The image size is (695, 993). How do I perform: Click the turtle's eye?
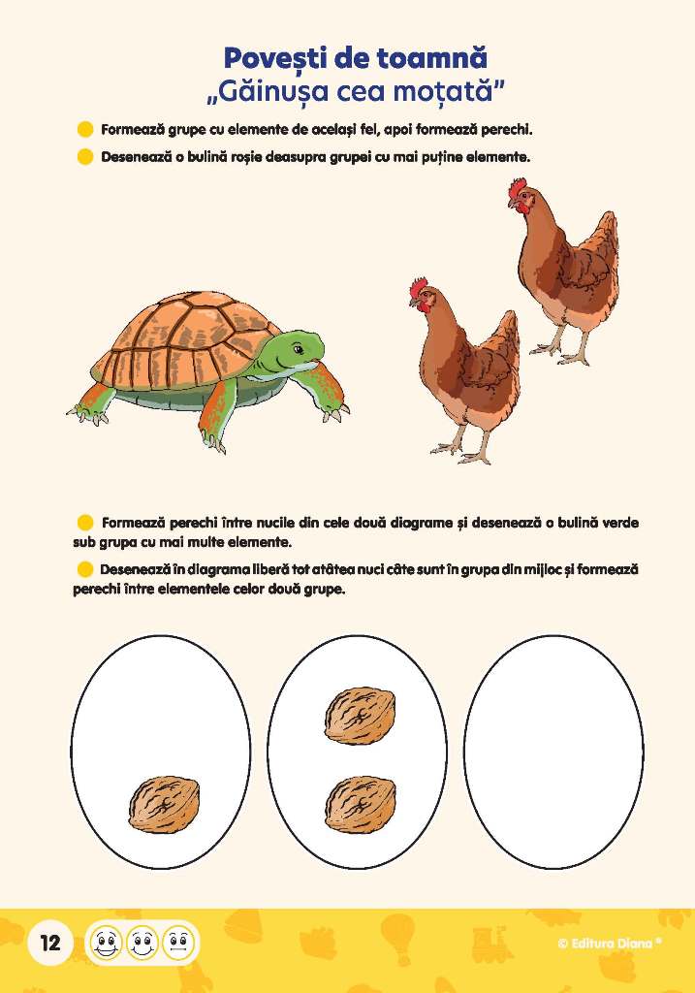[298, 349]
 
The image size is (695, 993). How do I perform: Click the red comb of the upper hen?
[518, 188]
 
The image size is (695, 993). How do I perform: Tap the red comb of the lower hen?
[419, 289]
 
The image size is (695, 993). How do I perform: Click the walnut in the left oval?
[165, 804]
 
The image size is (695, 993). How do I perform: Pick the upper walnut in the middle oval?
[361, 715]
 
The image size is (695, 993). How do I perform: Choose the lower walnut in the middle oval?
[361, 804]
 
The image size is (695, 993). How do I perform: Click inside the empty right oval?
[553, 752]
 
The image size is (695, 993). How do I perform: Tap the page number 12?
[50, 943]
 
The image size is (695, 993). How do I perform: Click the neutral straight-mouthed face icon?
[177, 943]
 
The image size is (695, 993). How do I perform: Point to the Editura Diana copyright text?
[610, 943]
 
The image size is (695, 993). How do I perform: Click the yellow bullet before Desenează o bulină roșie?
[85, 156]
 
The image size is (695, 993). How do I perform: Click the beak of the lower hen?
[412, 303]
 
